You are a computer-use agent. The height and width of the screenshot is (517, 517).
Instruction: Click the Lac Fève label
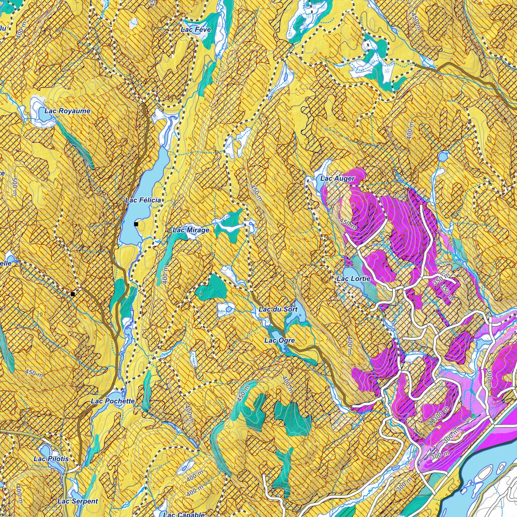(195, 30)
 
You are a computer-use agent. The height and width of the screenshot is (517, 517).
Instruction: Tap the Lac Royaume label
(67, 111)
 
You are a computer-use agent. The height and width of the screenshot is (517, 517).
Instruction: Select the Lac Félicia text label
(143, 200)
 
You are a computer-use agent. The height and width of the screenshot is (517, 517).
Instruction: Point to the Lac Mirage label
(191, 230)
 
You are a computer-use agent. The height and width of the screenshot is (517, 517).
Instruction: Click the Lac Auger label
(338, 179)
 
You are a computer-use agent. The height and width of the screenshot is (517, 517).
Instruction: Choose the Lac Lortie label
(353, 279)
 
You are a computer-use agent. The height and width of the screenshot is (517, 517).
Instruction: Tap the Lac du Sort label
(278, 309)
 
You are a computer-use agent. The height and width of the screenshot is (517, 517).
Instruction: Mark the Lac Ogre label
(279, 341)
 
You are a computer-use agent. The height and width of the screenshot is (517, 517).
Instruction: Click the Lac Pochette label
(113, 401)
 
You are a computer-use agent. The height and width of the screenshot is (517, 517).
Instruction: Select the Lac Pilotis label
(51, 459)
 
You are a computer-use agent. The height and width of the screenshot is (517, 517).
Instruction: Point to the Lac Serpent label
(78, 501)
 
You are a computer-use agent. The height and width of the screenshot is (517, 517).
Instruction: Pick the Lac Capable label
(184, 514)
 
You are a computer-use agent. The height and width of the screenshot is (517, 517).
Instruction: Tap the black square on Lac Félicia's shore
(136, 224)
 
